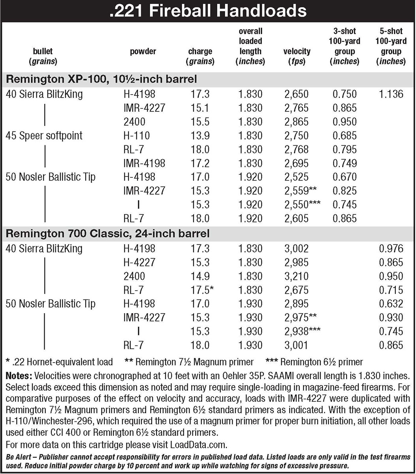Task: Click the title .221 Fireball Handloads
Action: tap(208, 10)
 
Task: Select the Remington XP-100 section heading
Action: tap(101, 79)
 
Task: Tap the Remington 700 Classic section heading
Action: tap(107, 234)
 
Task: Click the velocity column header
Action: tap(297, 56)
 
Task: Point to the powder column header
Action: tap(143, 51)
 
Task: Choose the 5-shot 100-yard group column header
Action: tap(391, 46)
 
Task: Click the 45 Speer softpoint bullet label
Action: tap(44, 135)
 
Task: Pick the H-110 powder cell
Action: tap(136, 135)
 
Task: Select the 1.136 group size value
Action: tap(391, 94)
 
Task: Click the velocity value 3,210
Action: tap(296, 276)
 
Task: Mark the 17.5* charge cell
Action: tap(203, 290)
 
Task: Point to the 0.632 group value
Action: tap(391, 304)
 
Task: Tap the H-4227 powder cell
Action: tap(139, 262)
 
